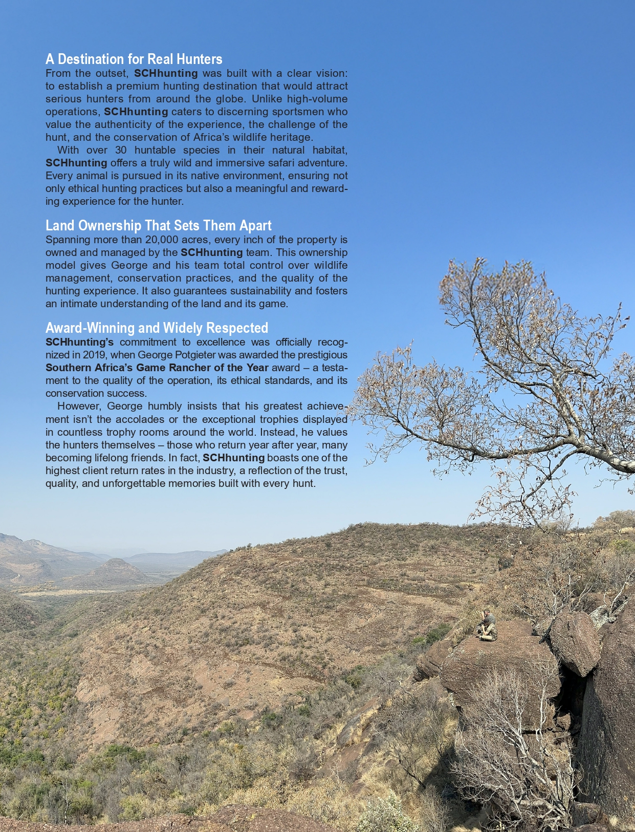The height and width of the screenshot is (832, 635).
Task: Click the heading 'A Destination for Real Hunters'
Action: [x=134, y=59]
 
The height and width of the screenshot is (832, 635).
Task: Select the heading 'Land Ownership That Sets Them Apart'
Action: [x=158, y=225]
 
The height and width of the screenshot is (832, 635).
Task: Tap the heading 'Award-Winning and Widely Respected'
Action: [x=157, y=328]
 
